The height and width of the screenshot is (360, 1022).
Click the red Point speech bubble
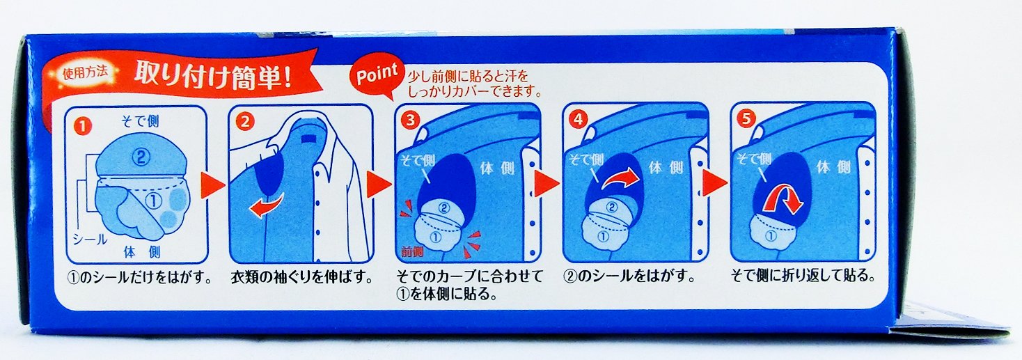[x=377, y=75]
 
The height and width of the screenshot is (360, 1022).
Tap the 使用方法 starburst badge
[x=86, y=72]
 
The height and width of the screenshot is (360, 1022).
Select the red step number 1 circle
[x=82, y=127]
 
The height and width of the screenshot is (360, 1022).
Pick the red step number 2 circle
[x=245, y=122]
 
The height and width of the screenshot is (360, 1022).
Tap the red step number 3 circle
[x=410, y=120]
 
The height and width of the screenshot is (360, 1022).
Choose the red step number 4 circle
[x=579, y=119]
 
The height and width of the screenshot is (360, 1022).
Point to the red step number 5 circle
[x=746, y=118]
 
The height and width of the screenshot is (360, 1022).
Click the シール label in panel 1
[x=90, y=240]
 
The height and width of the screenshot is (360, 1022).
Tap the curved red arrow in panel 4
[x=620, y=178]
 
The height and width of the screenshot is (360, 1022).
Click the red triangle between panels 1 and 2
[x=213, y=185]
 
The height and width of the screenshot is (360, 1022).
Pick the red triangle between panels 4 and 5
[x=714, y=182]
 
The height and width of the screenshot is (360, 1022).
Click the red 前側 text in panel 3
[x=412, y=251]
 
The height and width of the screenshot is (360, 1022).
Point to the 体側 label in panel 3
[x=497, y=169]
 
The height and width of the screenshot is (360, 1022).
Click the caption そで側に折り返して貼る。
[x=803, y=276]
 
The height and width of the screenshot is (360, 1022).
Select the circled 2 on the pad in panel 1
[x=141, y=157]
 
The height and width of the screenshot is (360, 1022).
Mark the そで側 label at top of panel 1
[x=140, y=121]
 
